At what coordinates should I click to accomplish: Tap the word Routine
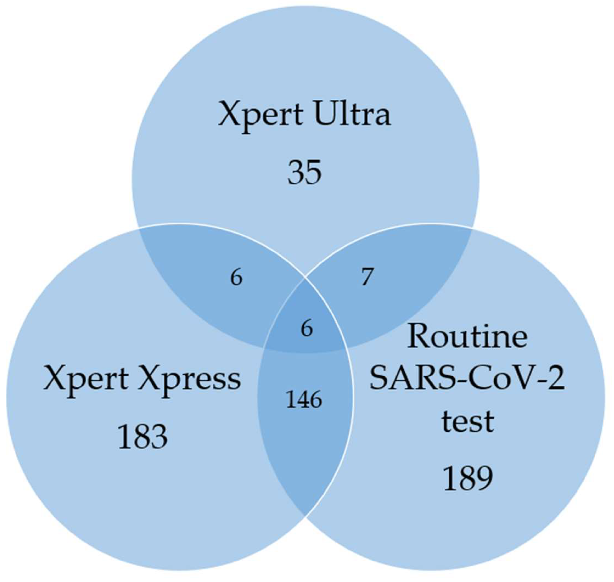click(467, 337)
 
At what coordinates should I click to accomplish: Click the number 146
click(304, 400)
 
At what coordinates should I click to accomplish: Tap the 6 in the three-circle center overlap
click(306, 329)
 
